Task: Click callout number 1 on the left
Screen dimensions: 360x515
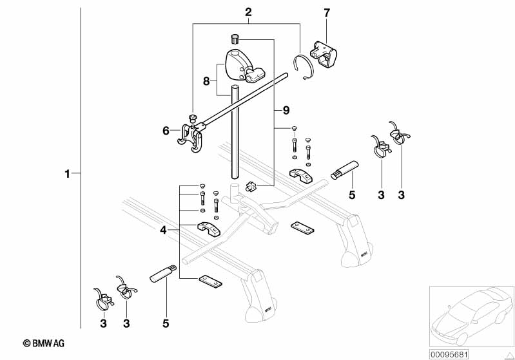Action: [x=67, y=173]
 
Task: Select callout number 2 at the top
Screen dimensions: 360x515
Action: [x=248, y=12]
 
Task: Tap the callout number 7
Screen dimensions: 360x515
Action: [x=326, y=12]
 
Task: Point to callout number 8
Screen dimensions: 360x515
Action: [x=206, y=81]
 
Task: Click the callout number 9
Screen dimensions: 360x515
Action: [x=286, y=110]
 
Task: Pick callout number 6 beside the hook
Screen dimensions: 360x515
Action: [x=166, y=131]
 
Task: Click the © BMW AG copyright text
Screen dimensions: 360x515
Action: [x=44, y=344]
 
